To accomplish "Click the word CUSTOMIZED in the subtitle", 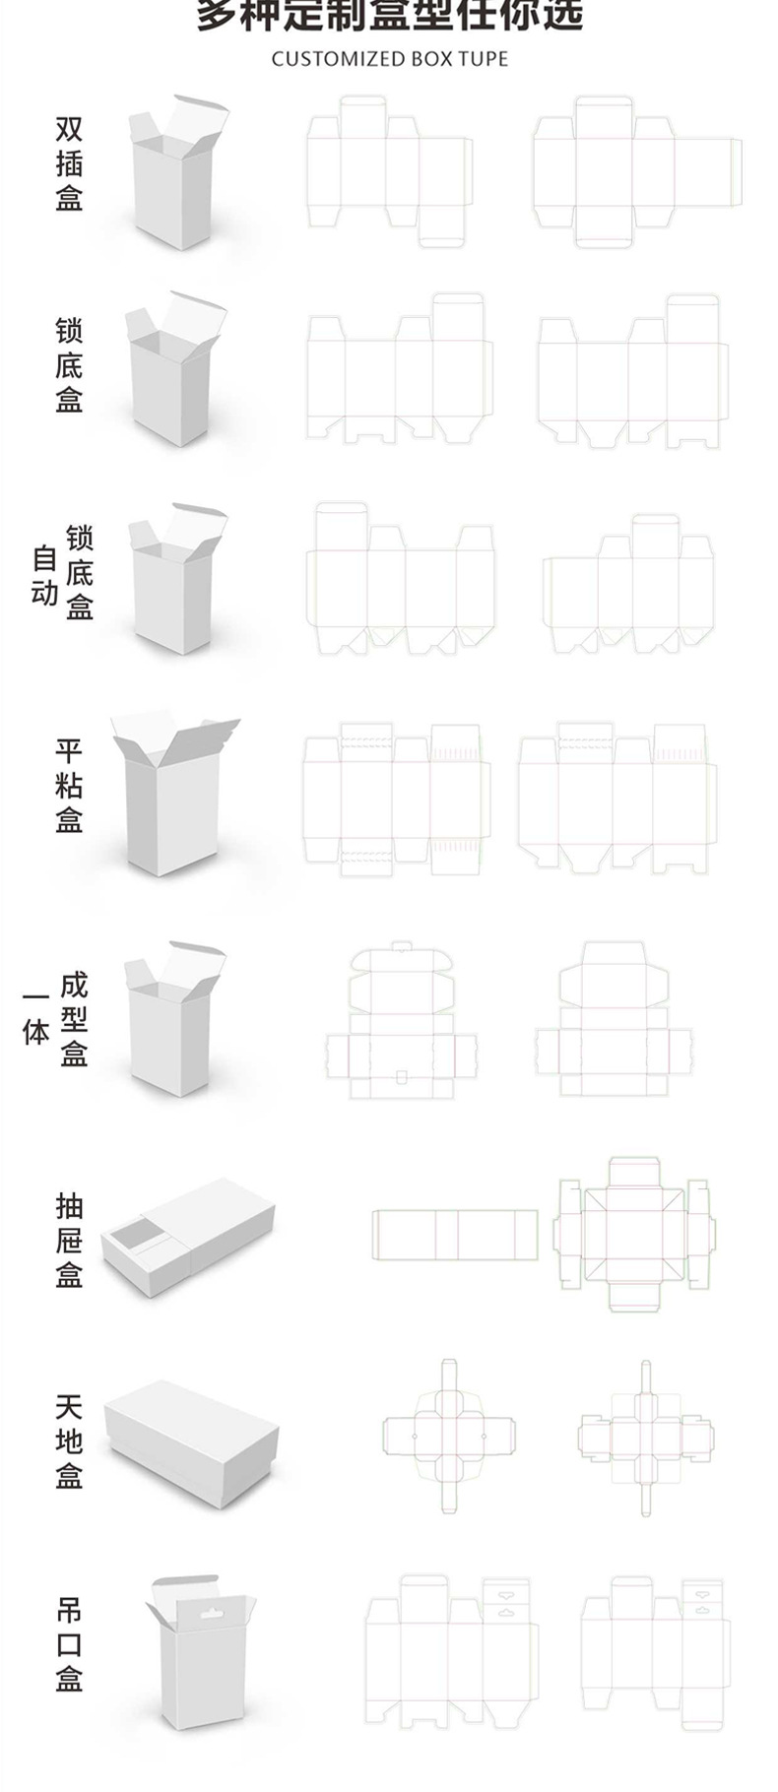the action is [x=324, y=59].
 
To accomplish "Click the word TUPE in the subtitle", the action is [x=483, y=59].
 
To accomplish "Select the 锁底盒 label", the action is [x=69, y=364].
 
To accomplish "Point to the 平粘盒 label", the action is [x=69, y=785].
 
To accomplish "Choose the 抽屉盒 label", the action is [x=69, y=1240].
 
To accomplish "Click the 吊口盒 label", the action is [x=69, y=1644].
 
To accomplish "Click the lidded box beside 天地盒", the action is [x=191, y=1442].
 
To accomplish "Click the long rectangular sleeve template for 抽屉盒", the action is [x=455, y=1235].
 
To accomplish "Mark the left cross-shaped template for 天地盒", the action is [x=448, y=1438].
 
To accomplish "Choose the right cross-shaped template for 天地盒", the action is [x=645, y=1438].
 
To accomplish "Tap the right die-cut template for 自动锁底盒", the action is [x=628, y=584].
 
